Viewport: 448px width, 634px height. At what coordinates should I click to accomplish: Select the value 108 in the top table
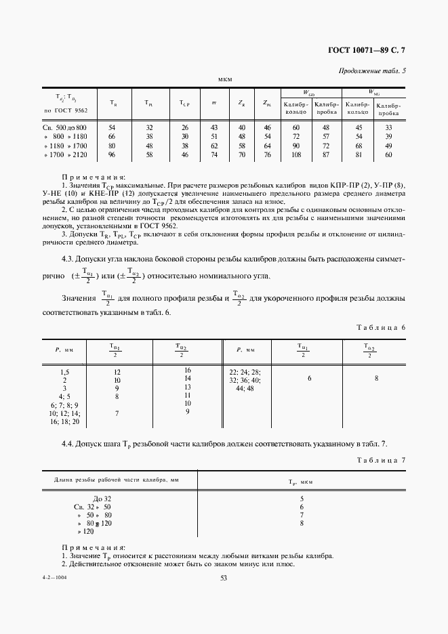coord(296,155)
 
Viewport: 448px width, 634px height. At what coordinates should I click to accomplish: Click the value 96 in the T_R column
coord(112,155)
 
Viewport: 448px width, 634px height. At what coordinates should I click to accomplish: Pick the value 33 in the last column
coord(388,127)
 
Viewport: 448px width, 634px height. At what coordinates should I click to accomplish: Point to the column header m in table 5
coord(214,102)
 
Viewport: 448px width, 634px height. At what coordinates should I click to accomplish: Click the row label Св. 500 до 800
coord(64,127)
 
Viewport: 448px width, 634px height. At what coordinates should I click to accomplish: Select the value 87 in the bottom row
coord(326,155)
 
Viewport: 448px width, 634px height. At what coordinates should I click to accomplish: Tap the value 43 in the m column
coord(214,127)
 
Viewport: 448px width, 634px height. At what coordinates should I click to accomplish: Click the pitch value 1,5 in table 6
coord(65,372)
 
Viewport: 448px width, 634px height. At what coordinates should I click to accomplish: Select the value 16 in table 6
coord(188,371)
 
